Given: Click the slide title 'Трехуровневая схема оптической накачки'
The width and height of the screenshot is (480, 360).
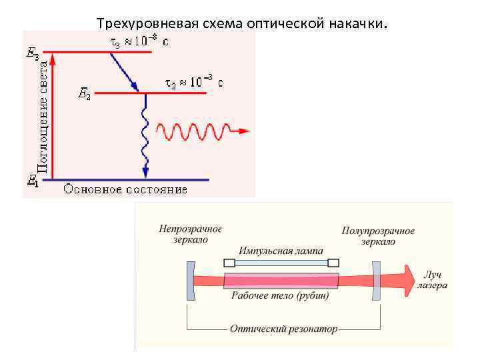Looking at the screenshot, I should pos(241,23).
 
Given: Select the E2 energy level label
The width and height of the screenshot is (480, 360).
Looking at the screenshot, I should pos(85,95).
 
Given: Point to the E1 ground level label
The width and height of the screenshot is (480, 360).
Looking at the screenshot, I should pos(31,179).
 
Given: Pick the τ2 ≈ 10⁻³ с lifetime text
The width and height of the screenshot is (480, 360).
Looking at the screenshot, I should pos(193,83).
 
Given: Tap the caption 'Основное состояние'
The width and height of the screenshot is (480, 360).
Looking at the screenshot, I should pos(125,189).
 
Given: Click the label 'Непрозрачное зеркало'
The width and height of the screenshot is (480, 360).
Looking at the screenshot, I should pos(190,234).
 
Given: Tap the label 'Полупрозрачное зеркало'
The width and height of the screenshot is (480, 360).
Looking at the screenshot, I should pos(378,235).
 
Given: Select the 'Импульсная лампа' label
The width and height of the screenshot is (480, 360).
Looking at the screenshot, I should pos(281,251).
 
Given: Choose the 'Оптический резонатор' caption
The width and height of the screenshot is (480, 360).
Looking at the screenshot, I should pos(283,329).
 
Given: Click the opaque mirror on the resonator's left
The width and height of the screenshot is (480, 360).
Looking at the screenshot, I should pos(189,280).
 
